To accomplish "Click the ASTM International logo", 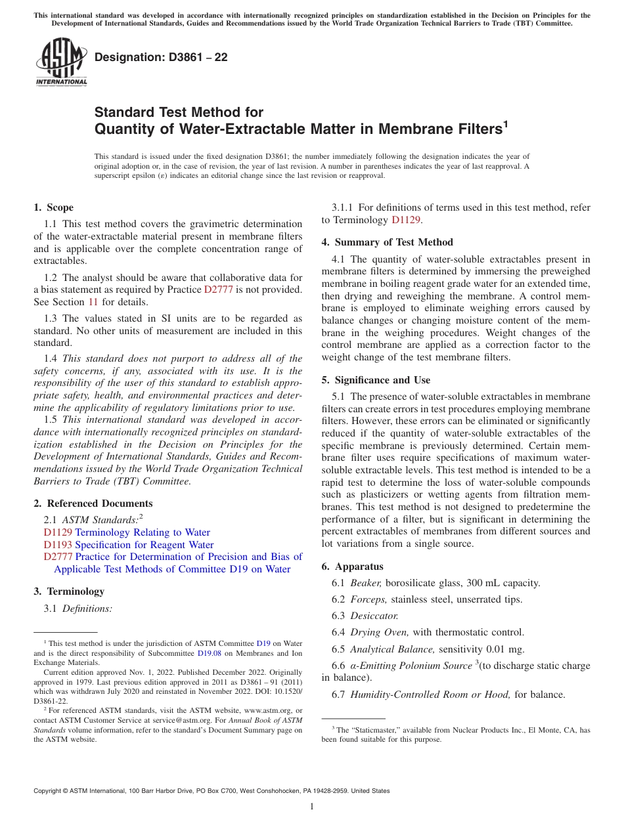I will click(x=61, y=63).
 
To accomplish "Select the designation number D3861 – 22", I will click(x=161, y=57).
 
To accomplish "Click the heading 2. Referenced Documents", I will click(x=93, y=503).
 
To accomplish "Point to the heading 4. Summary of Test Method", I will click(x=387, y=242).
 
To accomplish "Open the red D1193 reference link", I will click(x=58, y=545).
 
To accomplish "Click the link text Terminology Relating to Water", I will click(x=143, y=532).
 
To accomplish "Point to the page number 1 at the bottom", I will click(x=312, y=806).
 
